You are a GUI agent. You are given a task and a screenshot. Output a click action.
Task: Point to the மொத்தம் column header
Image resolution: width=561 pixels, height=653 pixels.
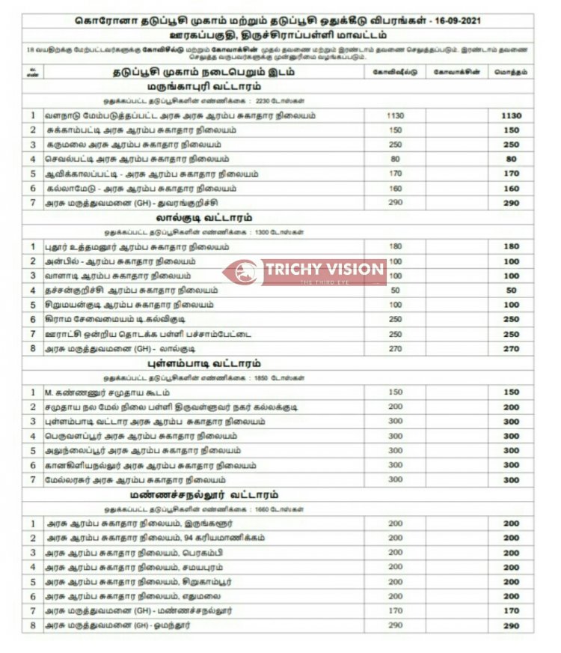point(512,72)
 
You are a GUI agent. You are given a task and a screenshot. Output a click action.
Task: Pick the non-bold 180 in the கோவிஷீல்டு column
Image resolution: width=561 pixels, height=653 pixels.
point(396,247)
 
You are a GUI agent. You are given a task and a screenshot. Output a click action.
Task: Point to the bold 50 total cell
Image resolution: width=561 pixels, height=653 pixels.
point(512,291)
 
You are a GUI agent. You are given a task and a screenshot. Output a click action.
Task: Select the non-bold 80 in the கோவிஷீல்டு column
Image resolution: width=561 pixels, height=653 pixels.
point(396,159)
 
